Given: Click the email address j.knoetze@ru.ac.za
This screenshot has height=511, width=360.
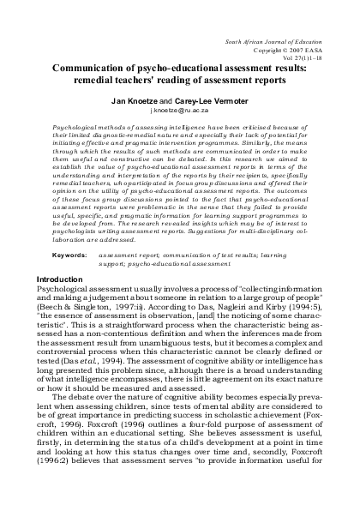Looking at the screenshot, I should [x=180, y=112].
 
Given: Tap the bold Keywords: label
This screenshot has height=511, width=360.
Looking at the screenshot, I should [x=69, y=231].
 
